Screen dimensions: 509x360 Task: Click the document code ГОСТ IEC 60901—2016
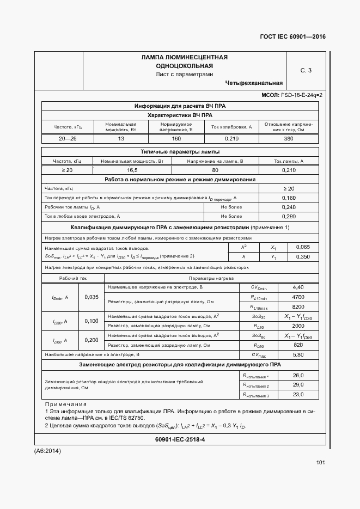[x=293, y=38]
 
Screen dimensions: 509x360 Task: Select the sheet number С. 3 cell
[x=306, y=70]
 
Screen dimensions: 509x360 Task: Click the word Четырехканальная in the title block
[x=253, y=83]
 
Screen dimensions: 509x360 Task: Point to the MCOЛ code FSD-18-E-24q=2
[x=292, y=95]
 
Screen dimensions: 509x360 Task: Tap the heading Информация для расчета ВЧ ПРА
[x=180, y=106]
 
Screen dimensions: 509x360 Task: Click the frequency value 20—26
[x=68, y=139]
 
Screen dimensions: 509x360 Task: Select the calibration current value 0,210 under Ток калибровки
[x=231, y=139]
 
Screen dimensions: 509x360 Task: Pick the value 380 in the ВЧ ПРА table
[x=288, y=139]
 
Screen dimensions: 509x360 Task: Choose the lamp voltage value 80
[x=215, y=170]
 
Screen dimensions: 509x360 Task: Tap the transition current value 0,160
[x=289, y=198]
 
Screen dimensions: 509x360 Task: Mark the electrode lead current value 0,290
[x=289, y=217]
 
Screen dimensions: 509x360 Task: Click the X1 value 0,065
[x=303, y=247]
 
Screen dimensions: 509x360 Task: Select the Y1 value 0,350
[x=303, y=256]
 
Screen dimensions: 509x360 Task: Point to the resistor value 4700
[x=298, y=297]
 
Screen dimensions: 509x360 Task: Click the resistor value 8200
[x=298, y=307]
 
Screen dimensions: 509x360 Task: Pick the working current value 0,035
[x=92, y=297]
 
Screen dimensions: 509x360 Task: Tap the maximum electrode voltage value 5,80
[x=298, y=355]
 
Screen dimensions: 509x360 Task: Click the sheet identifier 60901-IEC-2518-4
[x=180, y=439]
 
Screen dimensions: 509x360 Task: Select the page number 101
[x=320, y=463]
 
